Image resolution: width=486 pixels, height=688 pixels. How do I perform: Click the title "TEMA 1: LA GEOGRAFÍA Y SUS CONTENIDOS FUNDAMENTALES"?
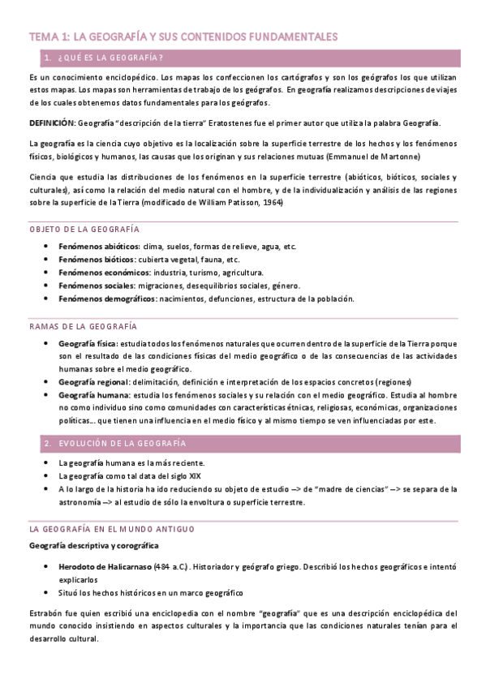183,37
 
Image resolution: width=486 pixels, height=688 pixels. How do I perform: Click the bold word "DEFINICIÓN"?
51,123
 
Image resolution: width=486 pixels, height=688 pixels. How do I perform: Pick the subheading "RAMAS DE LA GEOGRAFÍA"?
82,325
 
